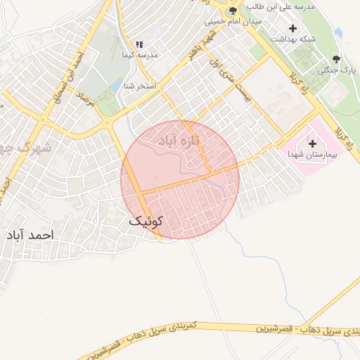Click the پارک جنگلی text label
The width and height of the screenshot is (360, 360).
click(x=338, y=70)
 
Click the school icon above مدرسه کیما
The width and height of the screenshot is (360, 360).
click(x=139, y=44)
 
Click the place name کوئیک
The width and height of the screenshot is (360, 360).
click(x=146, y=221)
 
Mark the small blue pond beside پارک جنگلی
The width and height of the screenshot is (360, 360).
click(x=338, y=32)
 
